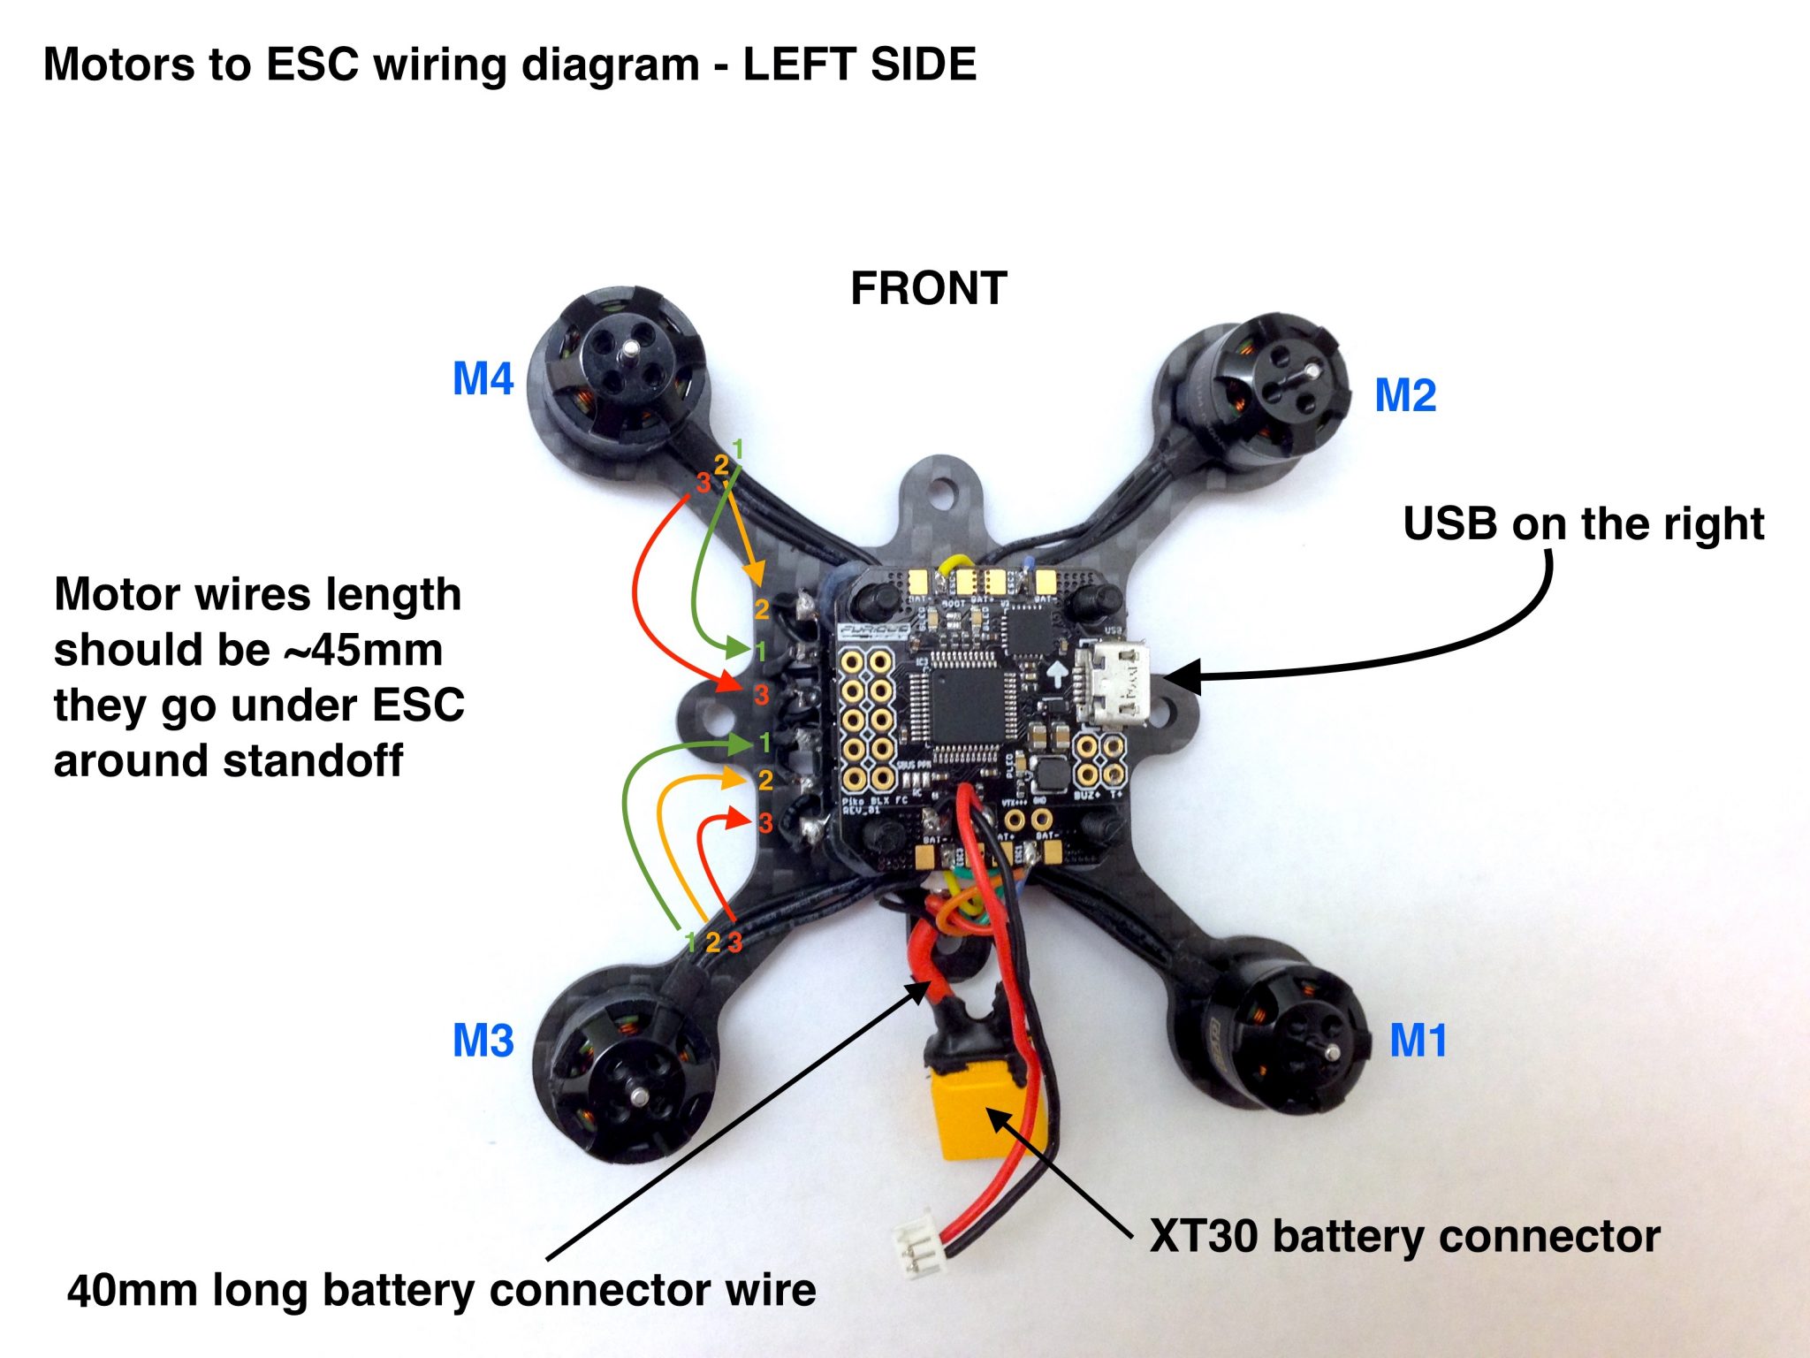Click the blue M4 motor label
[483, 379]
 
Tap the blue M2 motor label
[1405, 395]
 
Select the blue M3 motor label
[483, 1041]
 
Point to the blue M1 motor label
[1418, 1041]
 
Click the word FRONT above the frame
[928, 288]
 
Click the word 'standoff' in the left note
[323, 761]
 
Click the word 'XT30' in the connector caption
[1203, 1236]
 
